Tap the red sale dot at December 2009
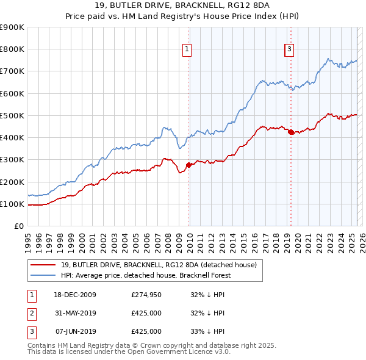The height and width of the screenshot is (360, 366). [x=188, y=165]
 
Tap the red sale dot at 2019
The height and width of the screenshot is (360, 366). [x=290, y=132]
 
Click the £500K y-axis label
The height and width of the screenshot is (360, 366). [x=12, y=115]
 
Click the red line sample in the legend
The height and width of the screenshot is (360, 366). [x=43, y=265]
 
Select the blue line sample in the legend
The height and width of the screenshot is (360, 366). [x=43, y=275]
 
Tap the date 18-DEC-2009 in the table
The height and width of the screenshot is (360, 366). [x=76, y=295]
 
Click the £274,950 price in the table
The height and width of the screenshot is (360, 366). [x=146, y=295]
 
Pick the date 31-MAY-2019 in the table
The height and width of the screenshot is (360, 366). [x=76, y=313]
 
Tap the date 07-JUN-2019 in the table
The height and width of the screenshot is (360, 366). [x=76, y=331]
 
